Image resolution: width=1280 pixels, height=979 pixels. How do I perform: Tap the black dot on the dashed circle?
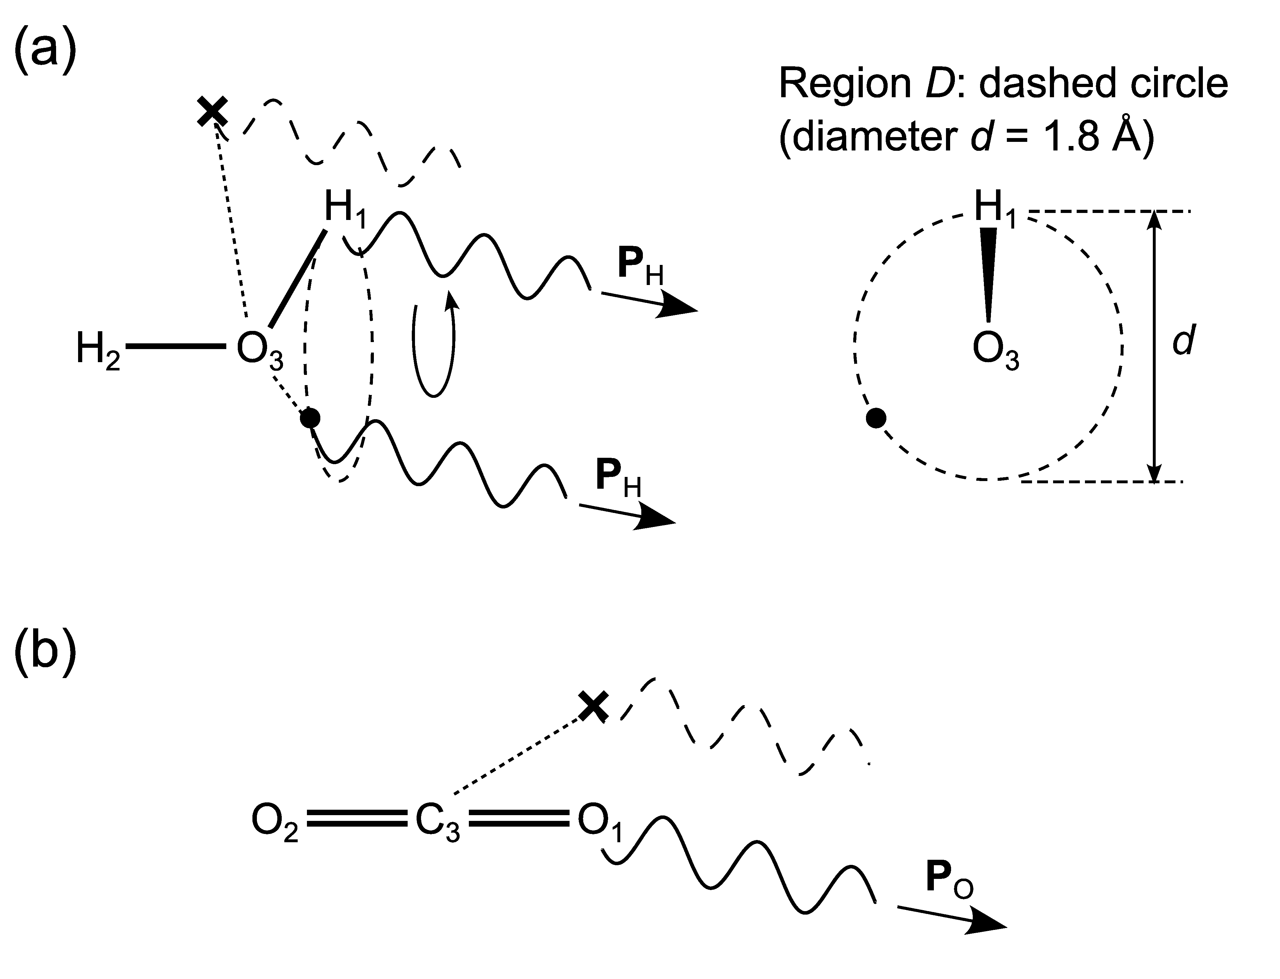[x=876, y=418]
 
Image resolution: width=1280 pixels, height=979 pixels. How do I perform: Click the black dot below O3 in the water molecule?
[x=310, y=417]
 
